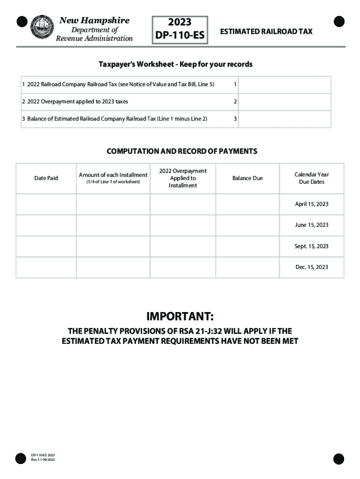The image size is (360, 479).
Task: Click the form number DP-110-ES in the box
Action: click(x=180, y=35)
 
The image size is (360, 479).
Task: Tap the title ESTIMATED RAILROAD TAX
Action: click(x=266, y=31)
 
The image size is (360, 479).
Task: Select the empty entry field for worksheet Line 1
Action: click(x=285, y=85)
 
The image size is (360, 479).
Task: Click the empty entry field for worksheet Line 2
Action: click(x=285, y=102)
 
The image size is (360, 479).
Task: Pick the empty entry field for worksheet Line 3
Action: click(x=285, y=119)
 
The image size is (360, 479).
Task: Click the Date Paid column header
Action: click(x=46, y=178)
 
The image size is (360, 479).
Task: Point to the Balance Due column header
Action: click(x=247, y=178)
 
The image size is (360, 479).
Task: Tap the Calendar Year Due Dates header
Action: click(x=311, y=178)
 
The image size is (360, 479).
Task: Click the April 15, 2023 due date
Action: click(x=311, y=204)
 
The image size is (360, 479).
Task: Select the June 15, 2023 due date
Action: click(x=311, y=225)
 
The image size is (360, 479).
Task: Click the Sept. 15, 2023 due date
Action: click(x=311, y=246)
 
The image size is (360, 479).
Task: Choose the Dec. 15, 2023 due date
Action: click(x=311, y=267)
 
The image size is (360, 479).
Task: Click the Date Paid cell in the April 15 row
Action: click(x=46, y=204)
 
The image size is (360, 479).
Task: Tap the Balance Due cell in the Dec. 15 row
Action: click(x=247, y=267)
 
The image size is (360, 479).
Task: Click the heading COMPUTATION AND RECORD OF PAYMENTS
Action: click(x=182, y=152)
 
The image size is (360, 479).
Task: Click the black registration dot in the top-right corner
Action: click(x=339, y=22)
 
